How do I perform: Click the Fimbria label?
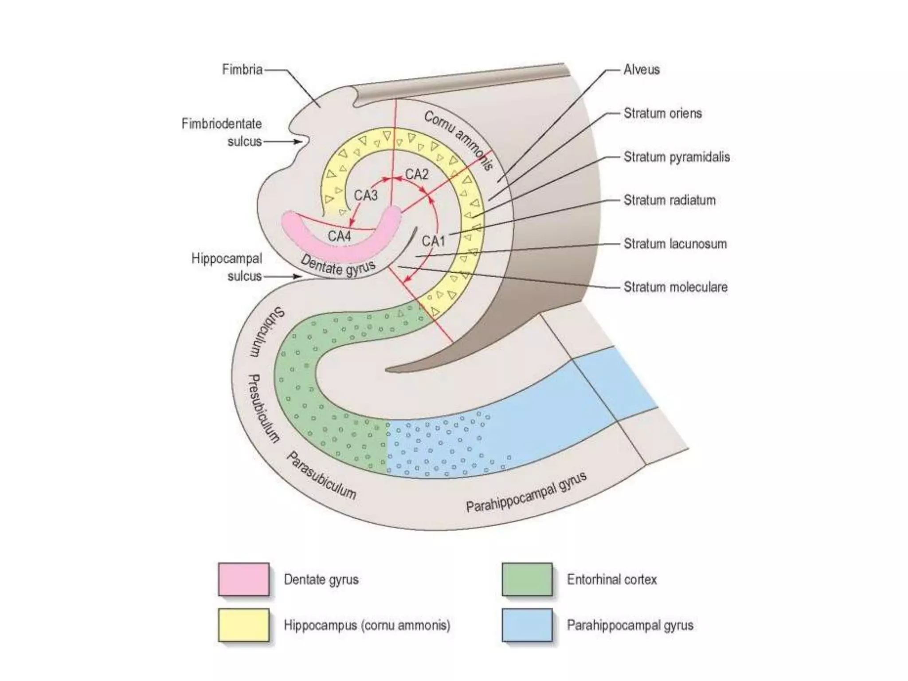(242, 70)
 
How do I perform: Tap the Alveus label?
(641, 70)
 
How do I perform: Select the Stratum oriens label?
(662, 113)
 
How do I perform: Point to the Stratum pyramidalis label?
(677, 157)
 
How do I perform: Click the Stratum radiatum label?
(669, 200)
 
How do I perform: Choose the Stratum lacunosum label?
(675, 244)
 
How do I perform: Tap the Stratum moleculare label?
(675, 287)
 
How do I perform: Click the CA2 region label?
(417, 174)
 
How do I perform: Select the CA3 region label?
(366, 195)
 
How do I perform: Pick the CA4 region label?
(339, 236)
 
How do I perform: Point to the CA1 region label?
(433, 241)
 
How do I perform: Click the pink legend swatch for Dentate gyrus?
(243, 579)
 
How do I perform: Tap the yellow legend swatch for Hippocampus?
(243, 625)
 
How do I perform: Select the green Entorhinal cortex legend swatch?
(527, 579)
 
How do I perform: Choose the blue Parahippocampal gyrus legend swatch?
(527, 625)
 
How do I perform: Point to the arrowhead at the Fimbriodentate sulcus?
(300, 141)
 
